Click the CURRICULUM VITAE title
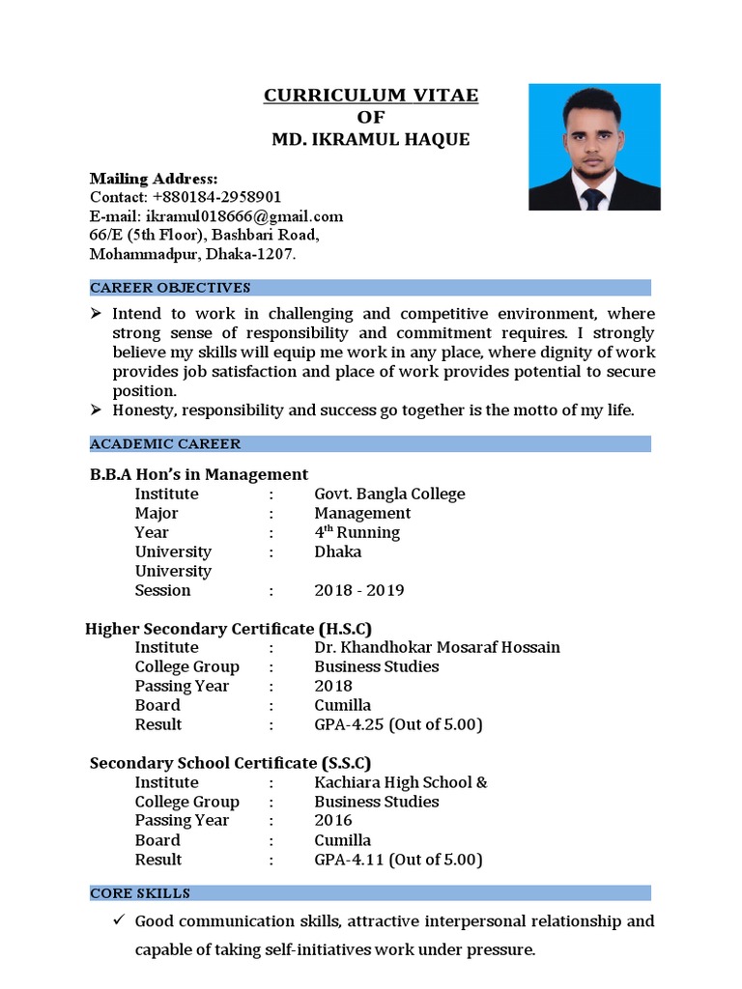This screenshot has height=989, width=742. click(371, 96)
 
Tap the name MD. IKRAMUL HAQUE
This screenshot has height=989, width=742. click(371, 140)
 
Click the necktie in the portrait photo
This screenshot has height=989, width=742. click(592, 198)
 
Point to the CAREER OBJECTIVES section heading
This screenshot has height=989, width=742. click(170, 288)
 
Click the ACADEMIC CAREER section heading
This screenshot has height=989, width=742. click(165, 444)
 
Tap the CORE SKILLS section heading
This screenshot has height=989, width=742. click(140, 893)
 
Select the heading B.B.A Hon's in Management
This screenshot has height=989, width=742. click(199, 474)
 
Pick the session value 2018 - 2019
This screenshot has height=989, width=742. click(358, 590)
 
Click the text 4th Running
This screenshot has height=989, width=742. click(357, 532)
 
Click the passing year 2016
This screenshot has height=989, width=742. click(333, 821)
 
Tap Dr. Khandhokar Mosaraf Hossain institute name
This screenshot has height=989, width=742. click(437, 647)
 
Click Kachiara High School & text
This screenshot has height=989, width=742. click(401, 782)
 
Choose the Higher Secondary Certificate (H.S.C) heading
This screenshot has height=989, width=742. click(229, 629)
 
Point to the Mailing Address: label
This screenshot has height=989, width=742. click(154, 179)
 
